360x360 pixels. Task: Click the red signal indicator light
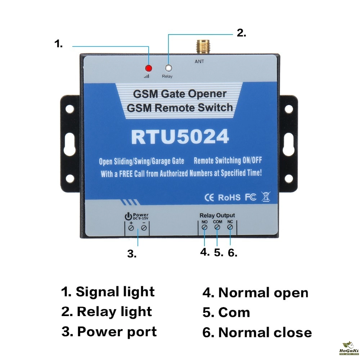[x=148, y=68]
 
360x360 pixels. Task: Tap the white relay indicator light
[x=167, y=68]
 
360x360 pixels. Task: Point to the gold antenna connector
[x=199, y=47]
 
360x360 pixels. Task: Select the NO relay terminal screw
[x=204, y=228]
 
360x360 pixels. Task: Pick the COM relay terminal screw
[x=217, y=228]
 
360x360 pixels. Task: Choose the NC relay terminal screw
[x=230, y=228]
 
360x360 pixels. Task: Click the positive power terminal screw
[x=131, y=228]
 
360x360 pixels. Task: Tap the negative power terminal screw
[x=144, y=228]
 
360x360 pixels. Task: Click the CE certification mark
[x=209, y=197]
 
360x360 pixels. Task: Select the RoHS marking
[x=229, y=197]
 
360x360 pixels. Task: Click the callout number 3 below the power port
[x=132, y=254]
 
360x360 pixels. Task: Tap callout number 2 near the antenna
[x=241, y=33]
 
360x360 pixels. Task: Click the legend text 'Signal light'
[x=115, y=292]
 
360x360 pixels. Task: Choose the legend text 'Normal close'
[x=265, y=332]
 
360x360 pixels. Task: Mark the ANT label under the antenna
[x=199, y=62]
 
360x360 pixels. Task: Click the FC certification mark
[x=251, y=197]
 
